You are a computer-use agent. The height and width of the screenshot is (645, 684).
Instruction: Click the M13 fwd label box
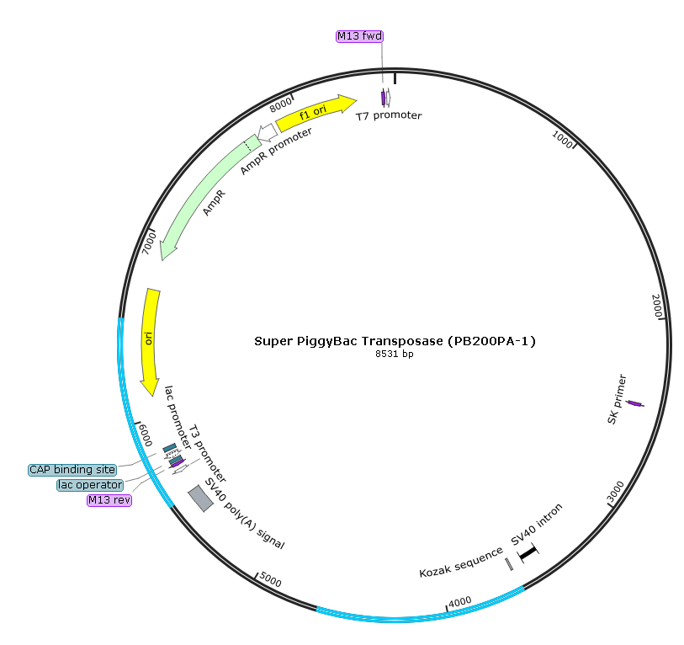pos(359,35)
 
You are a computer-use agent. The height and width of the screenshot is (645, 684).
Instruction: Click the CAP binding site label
pos(72,470)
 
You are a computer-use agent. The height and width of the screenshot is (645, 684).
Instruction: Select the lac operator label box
pos(90,485)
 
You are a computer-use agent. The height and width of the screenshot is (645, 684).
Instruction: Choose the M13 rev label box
pos(109,500)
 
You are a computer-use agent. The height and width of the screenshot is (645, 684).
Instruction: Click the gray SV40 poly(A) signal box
pos(200,498)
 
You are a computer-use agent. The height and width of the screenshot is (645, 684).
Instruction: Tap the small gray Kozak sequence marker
pos(509,564)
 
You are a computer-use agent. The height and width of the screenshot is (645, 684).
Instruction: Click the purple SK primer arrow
pos(635,405)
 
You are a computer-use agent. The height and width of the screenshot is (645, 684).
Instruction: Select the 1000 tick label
pos(562,139)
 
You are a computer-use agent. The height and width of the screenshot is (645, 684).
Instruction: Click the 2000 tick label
pos(658,306)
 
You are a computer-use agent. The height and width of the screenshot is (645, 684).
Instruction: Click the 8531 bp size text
pos(394,354)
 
